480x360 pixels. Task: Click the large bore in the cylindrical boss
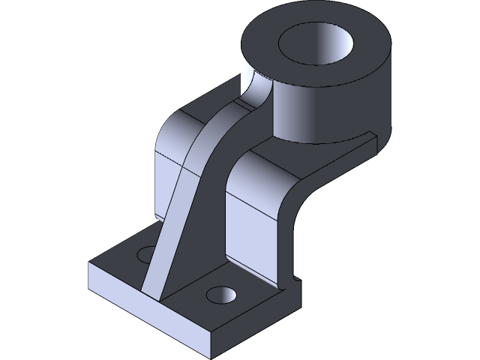pyautogui.click(x=316, y=46)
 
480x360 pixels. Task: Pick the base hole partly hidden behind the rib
pyautogui.click(x=145, y=255)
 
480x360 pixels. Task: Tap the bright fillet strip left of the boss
pyautogui.click(x=255, y=86)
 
